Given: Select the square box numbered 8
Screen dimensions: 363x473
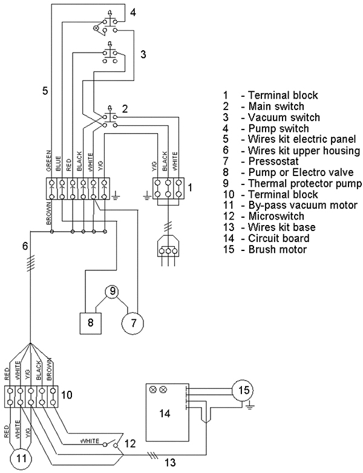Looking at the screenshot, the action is point(91,323).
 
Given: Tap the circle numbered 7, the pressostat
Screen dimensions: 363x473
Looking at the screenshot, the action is point(132,323).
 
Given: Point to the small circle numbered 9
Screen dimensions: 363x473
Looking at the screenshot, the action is point(113,292).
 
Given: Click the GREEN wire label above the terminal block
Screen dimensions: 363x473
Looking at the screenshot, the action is point(48,161).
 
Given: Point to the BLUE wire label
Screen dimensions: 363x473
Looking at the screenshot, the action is point(59,164).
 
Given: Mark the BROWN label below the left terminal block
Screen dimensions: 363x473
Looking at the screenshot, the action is point(48,213).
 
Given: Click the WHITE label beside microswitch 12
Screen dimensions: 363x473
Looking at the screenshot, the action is point(90,441).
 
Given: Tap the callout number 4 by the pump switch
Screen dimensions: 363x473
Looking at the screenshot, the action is point(133,12).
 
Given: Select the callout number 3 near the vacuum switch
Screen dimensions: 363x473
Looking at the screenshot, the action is point(143,54).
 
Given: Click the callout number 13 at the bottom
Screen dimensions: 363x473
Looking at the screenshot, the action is point(170,462).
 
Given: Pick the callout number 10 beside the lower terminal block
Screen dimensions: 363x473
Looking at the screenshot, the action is point(67,394).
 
